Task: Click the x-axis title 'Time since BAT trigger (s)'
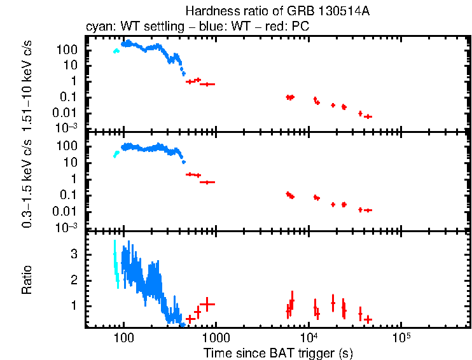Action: (278, 352)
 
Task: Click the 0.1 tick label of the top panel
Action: (69, 97)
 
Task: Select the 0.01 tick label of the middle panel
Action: (66, 211)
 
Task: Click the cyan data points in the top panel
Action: (116, 51)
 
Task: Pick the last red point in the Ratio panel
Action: (368, 319)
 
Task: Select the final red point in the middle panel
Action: (368, 210)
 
